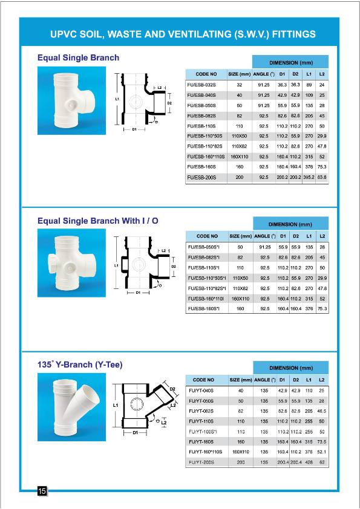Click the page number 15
(x=42, y=491)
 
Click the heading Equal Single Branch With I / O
(x=97, y=221)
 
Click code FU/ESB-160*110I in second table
(x=206, y=298)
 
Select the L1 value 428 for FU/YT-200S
(x=309, y=462)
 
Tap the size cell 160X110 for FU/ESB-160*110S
(x=240, y=157)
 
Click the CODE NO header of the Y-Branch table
(x=204, y=380)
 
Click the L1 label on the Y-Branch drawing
(x=116, y=404)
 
